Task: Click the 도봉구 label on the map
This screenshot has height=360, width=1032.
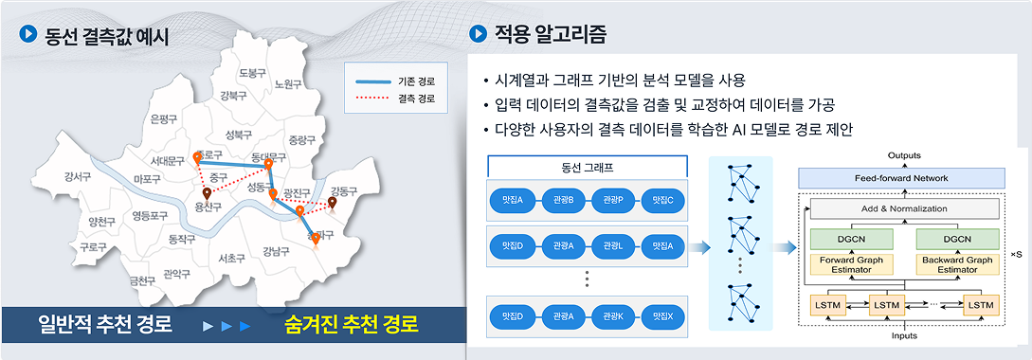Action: coord(253,73)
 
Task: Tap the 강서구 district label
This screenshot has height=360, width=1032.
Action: coord(78,177)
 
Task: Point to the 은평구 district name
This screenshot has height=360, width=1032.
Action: coord(164,119)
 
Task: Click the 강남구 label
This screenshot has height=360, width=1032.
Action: coord(277,251)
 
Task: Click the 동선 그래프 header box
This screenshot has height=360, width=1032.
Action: coord(587,168)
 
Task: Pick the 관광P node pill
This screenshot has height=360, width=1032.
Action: coord(611,201)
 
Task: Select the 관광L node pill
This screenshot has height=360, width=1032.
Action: coord(611,246)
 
